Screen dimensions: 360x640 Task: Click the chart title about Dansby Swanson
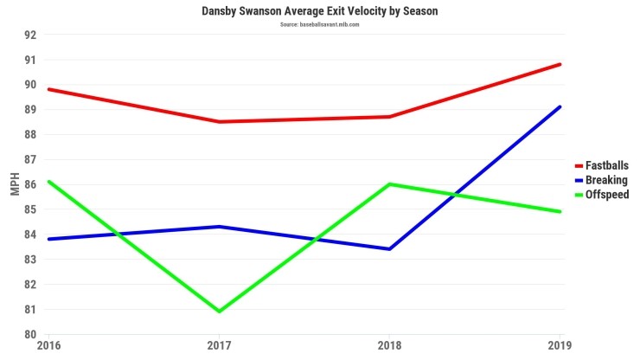point(319,11)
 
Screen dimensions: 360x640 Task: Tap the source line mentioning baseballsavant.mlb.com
point(319,24)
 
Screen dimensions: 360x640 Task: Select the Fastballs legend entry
point(605,164)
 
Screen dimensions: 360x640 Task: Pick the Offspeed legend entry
point(605,195)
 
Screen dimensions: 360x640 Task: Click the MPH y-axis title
point(15,184)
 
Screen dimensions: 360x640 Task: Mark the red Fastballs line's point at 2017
point(219,122)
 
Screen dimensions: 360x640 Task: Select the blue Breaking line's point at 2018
point(389,249)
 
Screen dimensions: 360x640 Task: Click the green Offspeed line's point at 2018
point(389,184)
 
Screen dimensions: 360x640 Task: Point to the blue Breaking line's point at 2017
point(219,227)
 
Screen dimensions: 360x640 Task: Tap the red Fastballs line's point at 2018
point(389,117)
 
